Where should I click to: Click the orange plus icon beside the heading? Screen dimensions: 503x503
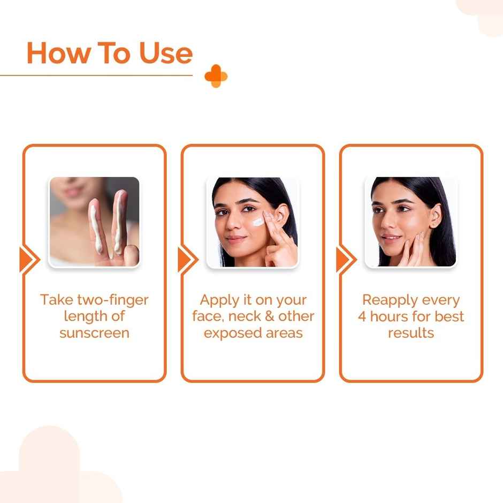(x=216, y=77)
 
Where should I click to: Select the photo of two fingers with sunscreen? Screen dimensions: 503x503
(x=94, y=222)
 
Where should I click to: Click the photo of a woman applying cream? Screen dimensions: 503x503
(x=252, y=222)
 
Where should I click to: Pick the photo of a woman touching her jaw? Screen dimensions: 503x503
(x=410, y=222)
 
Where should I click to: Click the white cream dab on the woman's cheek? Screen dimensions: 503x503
(x=258, y=222)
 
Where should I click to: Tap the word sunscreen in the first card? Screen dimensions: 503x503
(x=94, y=333)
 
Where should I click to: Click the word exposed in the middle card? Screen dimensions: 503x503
(x=231, y=333)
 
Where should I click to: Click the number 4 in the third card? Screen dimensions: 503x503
(x=362, y=316)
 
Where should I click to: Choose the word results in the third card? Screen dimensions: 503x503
(x=410, y=333)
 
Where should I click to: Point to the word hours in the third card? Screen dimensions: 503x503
(x=390, y=316)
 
